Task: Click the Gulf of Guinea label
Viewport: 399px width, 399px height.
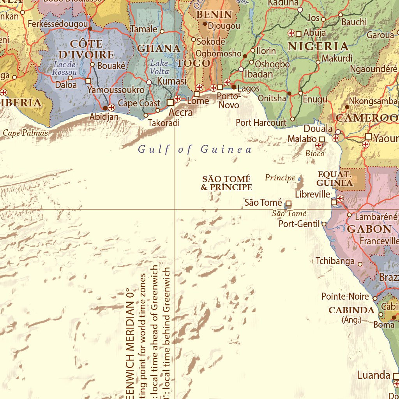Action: point(195,149)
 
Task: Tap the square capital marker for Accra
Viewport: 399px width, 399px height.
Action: point(170,102)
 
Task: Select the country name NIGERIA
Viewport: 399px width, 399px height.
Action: point(318,46)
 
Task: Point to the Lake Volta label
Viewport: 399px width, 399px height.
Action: point(160,67)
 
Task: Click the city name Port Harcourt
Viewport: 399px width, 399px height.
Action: point(261,123)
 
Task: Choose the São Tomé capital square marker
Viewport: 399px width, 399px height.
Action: point(289,203)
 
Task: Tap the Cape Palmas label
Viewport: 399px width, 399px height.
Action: point(25,133)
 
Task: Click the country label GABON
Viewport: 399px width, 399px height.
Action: point(369,229)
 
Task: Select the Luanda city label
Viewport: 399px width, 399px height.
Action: point(374,375)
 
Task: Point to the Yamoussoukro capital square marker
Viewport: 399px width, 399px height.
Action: point(88,81)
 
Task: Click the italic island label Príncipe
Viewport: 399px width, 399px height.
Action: point(280,178)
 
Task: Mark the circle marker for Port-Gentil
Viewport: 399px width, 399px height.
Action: point(324,224)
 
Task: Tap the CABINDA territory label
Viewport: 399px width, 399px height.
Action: point(351,310)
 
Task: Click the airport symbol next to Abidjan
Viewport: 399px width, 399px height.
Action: point(112,107)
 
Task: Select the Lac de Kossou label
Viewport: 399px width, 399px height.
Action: point(65,68)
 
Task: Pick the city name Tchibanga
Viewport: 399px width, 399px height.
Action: point(335,261)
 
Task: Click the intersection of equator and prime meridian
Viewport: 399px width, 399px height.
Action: point(175,209)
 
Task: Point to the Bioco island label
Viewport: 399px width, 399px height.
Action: point(314,154)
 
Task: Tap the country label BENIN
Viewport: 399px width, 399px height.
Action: point(214,15)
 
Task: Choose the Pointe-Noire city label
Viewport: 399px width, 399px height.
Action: point(345,297)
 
